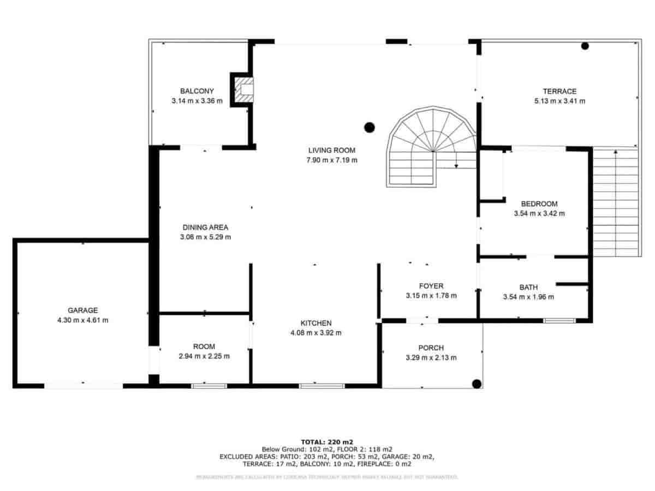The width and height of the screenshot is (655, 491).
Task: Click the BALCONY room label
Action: [196, 91]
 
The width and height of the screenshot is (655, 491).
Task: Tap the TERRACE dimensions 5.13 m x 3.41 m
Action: [559, 101]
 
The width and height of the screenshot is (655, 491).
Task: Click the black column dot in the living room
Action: [370, 128]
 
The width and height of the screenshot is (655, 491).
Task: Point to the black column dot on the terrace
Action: [585, 46]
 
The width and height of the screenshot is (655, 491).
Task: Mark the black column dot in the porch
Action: [477, 384]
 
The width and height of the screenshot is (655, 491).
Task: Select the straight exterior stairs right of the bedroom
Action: [615, 202]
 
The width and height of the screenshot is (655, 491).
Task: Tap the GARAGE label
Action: [82, 310]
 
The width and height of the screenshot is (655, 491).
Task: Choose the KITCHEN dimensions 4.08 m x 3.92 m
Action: [316, 333]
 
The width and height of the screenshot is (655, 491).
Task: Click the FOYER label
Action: [431, 286]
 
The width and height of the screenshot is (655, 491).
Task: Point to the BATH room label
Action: [528, 287]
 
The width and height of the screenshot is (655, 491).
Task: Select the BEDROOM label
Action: [539, 203]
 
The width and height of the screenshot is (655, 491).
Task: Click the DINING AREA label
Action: [205, 227]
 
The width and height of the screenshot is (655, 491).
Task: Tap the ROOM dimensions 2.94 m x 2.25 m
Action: [204, 356]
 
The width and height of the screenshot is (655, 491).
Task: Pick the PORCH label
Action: [431, 348]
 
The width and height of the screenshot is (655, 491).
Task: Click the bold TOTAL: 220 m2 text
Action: [327, 441]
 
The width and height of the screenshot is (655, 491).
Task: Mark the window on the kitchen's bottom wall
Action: [321, 386]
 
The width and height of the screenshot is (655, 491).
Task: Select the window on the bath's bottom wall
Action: [559, 320]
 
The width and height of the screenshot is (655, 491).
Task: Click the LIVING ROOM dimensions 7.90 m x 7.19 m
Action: [331, 160]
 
